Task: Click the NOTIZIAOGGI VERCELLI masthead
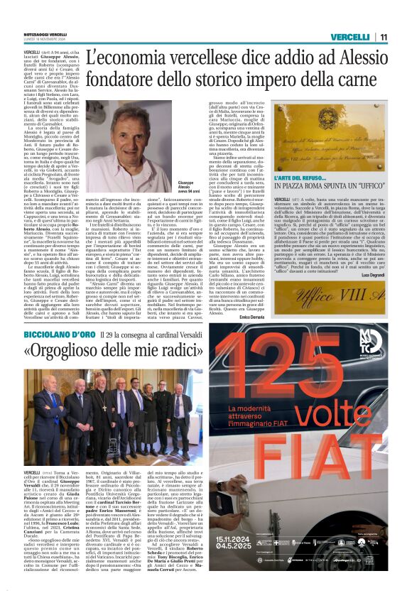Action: (47, 34)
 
